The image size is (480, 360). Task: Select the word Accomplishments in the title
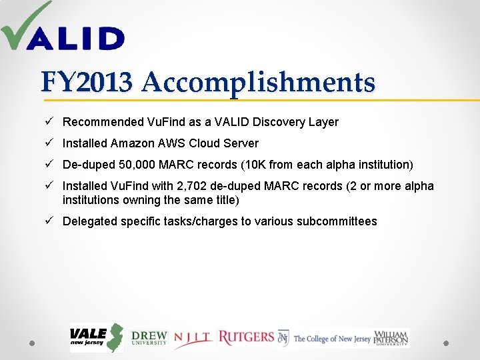pyautogui.click(x=258, y=83)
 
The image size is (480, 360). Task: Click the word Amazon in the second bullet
pyautogui.click(x=133, y=143)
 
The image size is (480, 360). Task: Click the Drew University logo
pyautogui.click(x=149, y=338)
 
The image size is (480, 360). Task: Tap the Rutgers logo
pyautogui.click(x=246, y=337)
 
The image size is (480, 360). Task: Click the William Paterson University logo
pyautogui.click(x=392, y=338)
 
